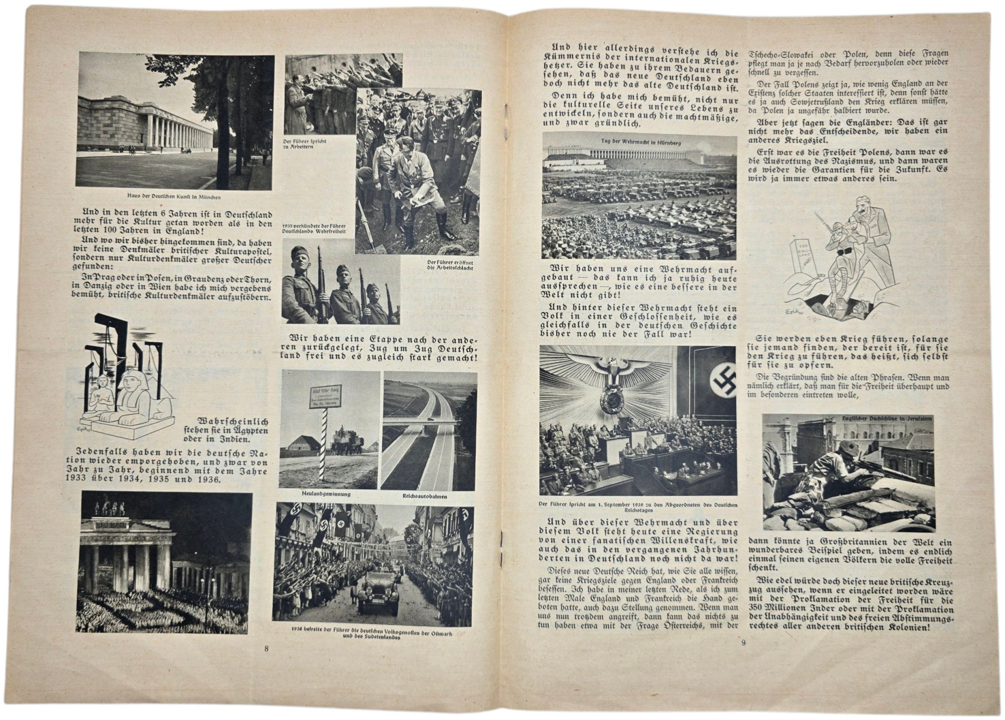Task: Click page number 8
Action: pos(267,648)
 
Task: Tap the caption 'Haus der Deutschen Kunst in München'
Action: pos(174,197)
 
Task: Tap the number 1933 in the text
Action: pos(78,479)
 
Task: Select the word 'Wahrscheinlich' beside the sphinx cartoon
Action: pos(232,421)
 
